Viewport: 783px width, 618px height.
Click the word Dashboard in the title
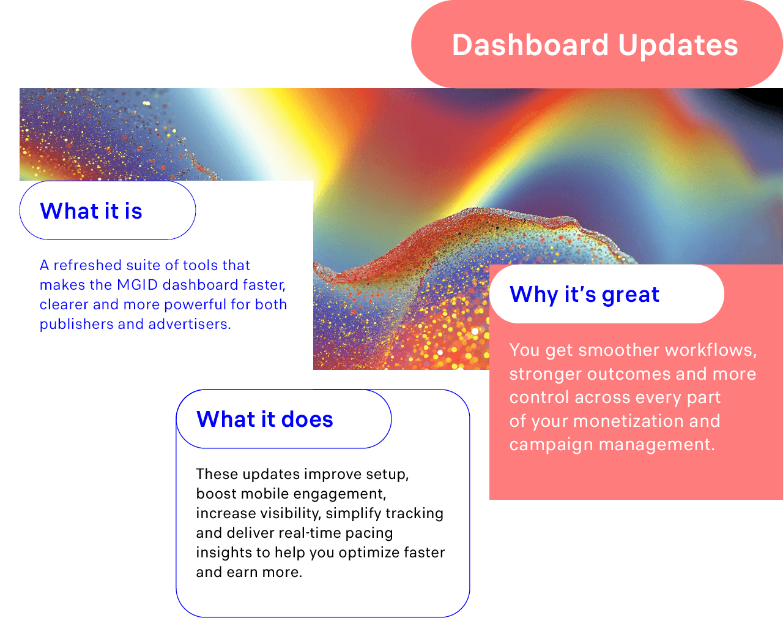pyautogui.click(x=530, y=45)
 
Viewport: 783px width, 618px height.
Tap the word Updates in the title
pyautogui.click(x=678, y=46)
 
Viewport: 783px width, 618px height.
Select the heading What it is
pyautogui.click(x=91, y=211)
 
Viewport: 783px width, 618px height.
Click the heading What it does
pyautogui.click(x=264, y=419)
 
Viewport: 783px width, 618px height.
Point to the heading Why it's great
pyautogui.click(x=584, y=295)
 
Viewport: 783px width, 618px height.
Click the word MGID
pyautogui.click(x=138, y=285)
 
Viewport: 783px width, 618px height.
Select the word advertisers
pyautogui.click(x=190, y=324)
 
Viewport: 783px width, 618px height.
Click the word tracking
pyautogui.click(x=414, y=513)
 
